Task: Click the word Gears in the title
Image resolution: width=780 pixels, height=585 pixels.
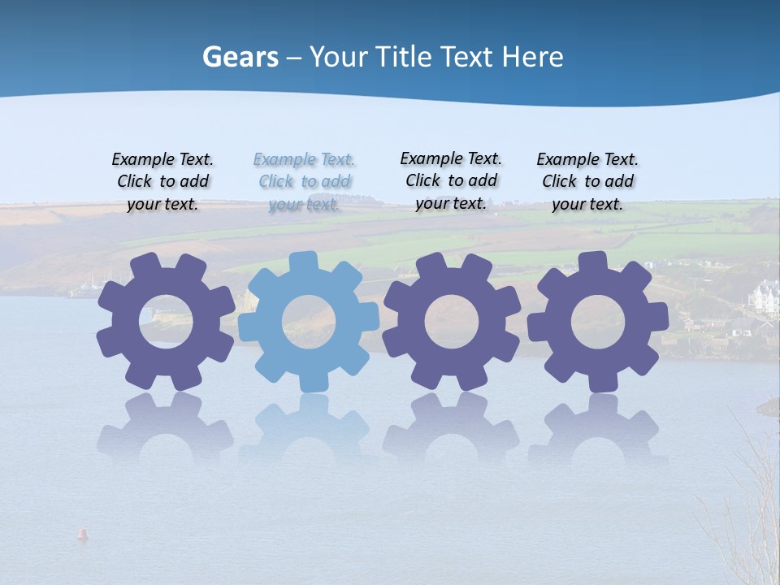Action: coord(240,58)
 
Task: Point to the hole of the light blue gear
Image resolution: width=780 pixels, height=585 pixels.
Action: coord(308,322)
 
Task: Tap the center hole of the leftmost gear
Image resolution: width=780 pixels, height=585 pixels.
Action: coord(166,321)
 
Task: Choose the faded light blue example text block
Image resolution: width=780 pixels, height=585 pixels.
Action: coord(305,181)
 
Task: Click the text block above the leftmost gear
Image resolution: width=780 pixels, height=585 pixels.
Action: coord(162,181)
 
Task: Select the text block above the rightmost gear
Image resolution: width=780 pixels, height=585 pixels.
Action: coord(587,181)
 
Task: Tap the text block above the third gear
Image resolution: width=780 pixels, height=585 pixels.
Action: coord(451,180)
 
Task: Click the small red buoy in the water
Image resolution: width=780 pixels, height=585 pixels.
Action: coord(81,534)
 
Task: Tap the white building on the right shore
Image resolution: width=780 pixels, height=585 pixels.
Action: coord(765,297)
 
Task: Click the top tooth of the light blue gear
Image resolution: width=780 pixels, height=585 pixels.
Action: coord(303,262)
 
